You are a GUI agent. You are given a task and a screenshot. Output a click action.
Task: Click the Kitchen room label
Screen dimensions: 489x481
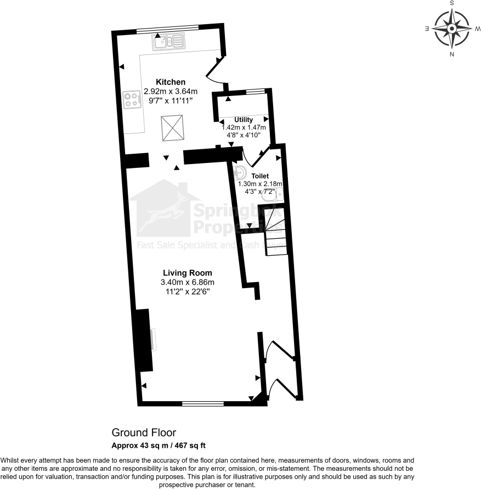point(170,82)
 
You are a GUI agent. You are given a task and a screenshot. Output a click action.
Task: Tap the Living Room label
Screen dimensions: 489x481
point(187,273)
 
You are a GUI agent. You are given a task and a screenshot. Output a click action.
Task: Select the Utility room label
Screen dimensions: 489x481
point(243,119)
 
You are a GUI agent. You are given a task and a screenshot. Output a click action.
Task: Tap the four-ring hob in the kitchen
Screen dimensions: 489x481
point(132,99)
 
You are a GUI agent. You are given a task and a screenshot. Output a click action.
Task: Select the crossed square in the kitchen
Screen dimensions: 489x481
point(174,128)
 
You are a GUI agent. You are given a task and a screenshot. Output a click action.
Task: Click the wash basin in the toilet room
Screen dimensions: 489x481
point(240,173)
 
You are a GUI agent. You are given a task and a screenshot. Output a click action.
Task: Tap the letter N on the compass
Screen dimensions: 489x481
point(451,54)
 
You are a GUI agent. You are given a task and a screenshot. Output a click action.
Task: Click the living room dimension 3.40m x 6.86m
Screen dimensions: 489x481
point(187,282)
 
